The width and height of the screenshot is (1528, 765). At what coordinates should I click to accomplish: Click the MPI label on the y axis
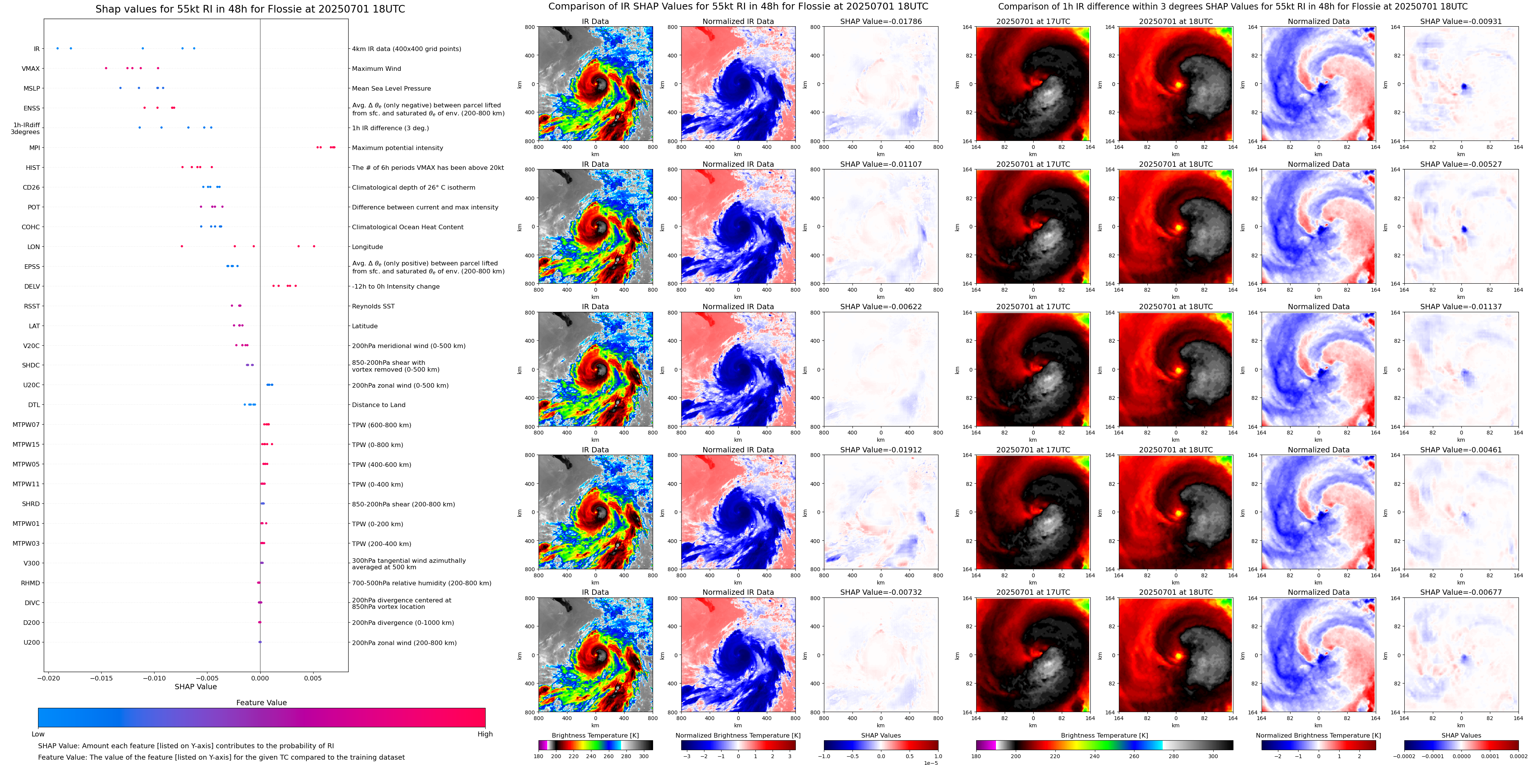pyautogui.click(x=34, y=148)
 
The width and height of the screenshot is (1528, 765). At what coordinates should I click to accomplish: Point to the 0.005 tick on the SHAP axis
pyautogui.click(x=312, y=678)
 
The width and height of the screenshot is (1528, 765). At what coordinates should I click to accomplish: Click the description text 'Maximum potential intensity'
pyautogui.click(x=397, y=148)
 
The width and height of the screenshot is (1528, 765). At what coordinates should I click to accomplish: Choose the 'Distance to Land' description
pyautogui.click(x=378, y=405)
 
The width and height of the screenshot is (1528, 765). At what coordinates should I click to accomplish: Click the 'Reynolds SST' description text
pyautogui.click(x=373, y=306)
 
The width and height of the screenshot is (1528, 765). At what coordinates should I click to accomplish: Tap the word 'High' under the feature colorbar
pyautogui.click(x=484, y=734)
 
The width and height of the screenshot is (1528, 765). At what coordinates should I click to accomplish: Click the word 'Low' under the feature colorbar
pyautogui.click(x=38, y=734)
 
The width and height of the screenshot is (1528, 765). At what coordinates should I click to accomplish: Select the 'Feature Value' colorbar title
pyautogui.click(x=261, y=703)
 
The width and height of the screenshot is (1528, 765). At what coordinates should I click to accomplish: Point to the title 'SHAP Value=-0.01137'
pyautogui.click(x=1460, y=307)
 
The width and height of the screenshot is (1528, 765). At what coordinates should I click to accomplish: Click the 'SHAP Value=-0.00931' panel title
pyautogui.click(x=1460, y=21)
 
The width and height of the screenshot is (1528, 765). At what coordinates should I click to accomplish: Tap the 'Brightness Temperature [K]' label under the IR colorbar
pyautogui.click(x=595, y=735)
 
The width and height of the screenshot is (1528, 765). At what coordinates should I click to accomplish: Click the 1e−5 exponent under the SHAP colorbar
pyautogui.click(x=931, y=763)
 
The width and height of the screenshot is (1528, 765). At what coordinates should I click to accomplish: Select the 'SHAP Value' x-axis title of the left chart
pyautogui.click(x=195, y=687)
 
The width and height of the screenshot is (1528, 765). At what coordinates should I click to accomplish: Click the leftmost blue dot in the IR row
pyautogui.click(x=57, y=48)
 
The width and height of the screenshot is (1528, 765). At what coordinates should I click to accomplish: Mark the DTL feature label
pyautogui.click(x=34, y=405)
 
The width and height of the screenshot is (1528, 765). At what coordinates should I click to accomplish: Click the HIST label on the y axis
pyautogui.click(x=33, y=168)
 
